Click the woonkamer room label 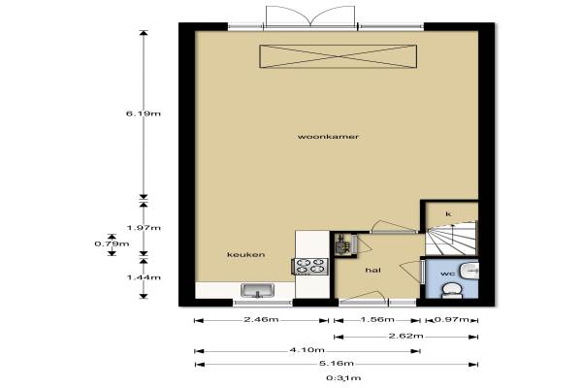coord(328,137)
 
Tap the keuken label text coord(246,255)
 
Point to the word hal coord(373,271)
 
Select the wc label coord(447,274)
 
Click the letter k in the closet coord(448,213)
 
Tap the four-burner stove coord(310,266)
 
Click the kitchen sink coord(257,291)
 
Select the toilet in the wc coord(452,291)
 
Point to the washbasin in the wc coord(469,271)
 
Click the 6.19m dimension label coord(144,113)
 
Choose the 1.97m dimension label coord(144,228)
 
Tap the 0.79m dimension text coord(112,243)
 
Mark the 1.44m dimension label coord(144,277)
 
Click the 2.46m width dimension coord(261,320)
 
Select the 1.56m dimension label coord(377,320)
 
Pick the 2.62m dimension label coord(406,336)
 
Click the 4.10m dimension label coord(307,350)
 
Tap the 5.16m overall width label coord(337,364)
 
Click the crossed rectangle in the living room coord(339,56)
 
